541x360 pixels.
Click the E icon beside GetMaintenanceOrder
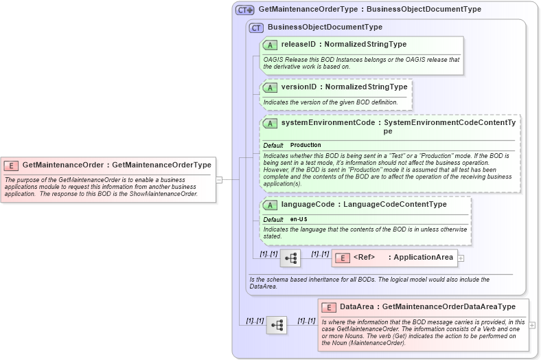(11, 165)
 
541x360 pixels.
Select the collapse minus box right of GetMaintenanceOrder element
(219, 180)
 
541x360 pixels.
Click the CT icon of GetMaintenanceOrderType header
(244, 10)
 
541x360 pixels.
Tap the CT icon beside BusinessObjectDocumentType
(257, 27)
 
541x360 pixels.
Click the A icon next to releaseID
(270, 45)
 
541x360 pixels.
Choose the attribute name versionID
(299, 87)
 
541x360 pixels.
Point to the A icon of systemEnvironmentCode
(270, 123)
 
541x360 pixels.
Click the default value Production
(306, 146)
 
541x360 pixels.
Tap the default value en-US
(299, 219)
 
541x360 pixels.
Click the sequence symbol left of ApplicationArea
(290, 258)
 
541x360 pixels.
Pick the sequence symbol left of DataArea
(276, 325)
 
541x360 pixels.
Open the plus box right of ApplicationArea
(461, 258)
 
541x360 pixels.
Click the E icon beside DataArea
(329, 307)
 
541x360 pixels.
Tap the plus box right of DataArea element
(532, 325)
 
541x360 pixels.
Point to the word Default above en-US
(273, 219)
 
